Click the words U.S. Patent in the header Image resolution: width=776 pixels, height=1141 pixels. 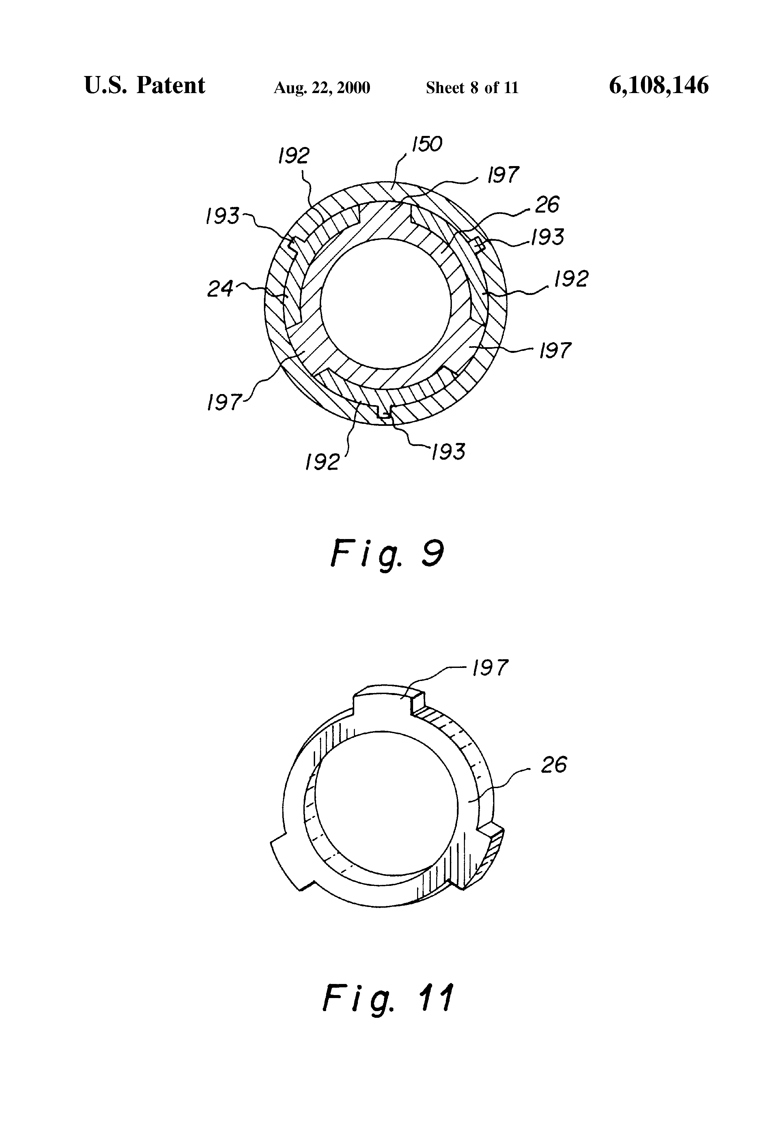point(145,85)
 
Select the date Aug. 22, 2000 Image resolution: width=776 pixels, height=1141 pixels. point(322,88)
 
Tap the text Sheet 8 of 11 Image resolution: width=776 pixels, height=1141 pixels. point(472,88)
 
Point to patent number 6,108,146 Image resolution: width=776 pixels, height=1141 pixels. point(659,85)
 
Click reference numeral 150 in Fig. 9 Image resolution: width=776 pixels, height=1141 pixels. point(427,144)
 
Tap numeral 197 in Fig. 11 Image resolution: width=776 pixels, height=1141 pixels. point(490,668)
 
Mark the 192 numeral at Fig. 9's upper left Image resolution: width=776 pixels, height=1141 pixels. point(293,156)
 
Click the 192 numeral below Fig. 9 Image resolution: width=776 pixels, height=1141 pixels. point(322,462)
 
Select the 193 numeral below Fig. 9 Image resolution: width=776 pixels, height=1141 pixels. point(448,452)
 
